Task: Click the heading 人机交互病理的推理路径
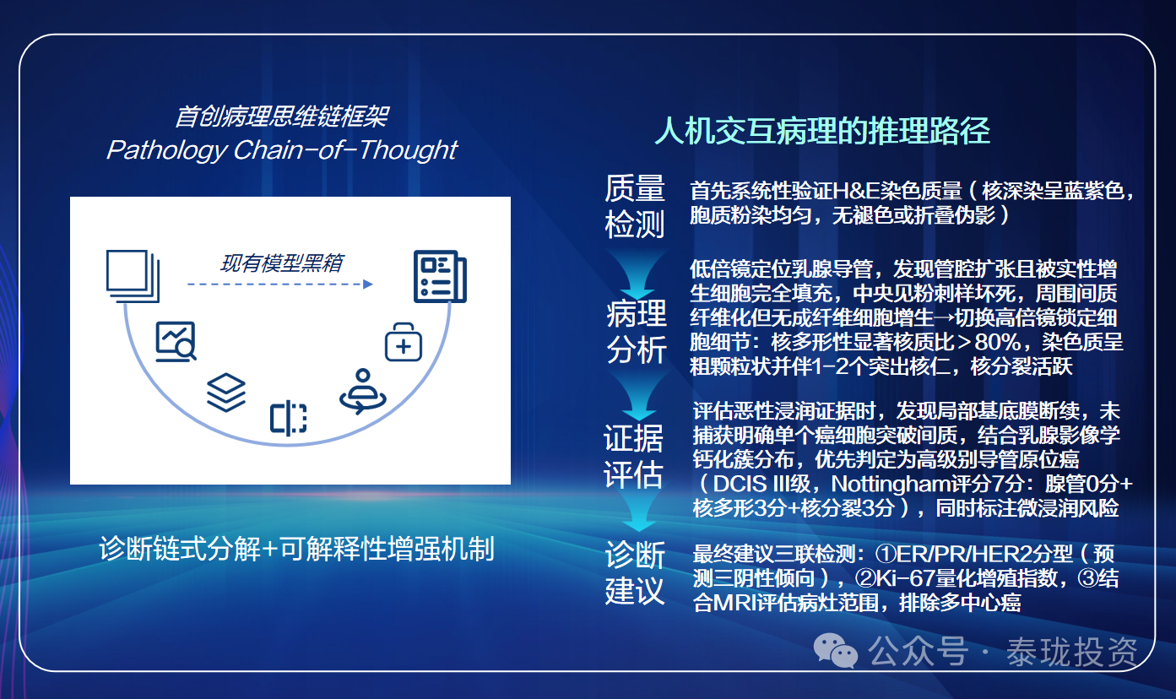tap(822, 131)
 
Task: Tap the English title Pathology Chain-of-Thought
tap(282, 150)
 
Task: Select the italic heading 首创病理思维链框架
tap(282, 116)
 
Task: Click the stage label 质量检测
tap(634, 206)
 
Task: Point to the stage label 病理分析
tap(637, 332)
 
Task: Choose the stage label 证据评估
tap(633, 457)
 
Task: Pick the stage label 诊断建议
tap(635, 573)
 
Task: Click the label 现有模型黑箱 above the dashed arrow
tap(282, 263)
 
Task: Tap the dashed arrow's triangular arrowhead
tap(368, 284)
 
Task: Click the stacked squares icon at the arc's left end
tap(133, 276)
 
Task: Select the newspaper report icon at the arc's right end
tap(440, 276)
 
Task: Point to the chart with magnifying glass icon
tap(176, 341)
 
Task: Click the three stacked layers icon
tap(226, 393)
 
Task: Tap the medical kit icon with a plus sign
tap(404, 342)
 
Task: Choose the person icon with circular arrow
tap(363, 391)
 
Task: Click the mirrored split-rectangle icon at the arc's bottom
tap(288, 419)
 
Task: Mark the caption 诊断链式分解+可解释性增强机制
tap(297, 550)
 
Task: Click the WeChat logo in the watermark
tap(835, 650)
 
